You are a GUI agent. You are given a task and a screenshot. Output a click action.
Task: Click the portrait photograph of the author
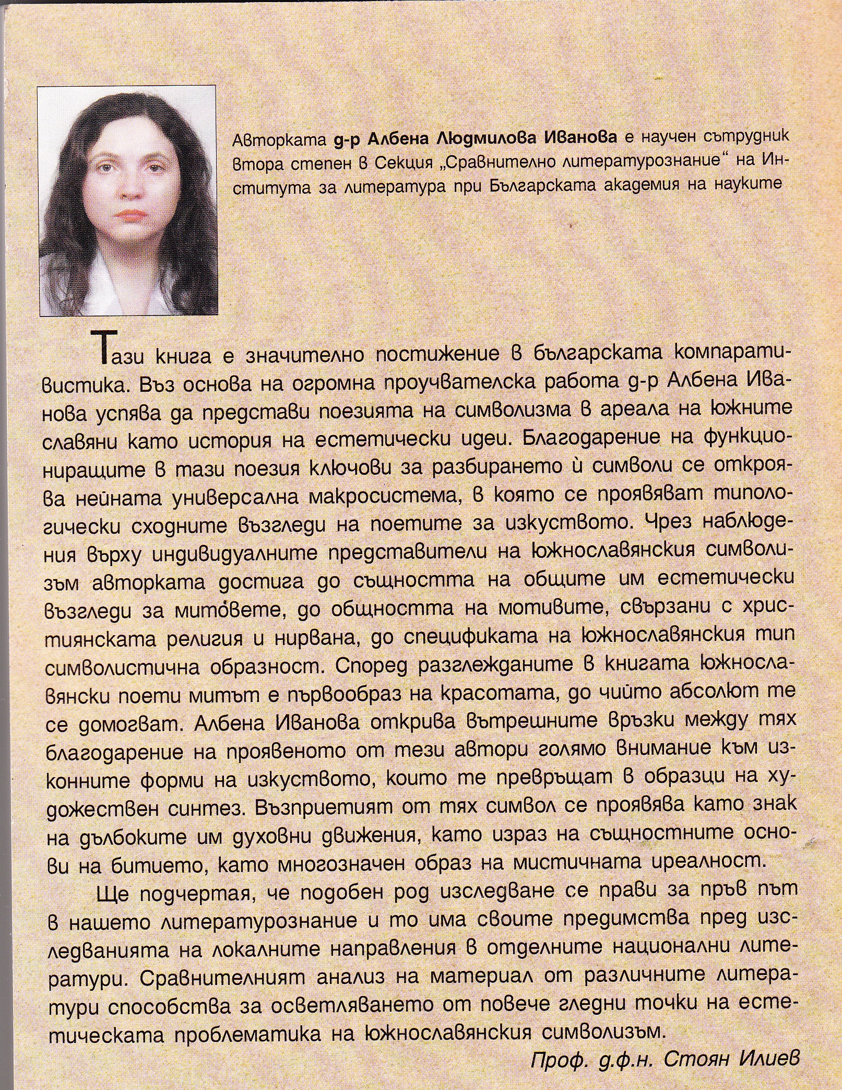(x=128, y=201)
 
